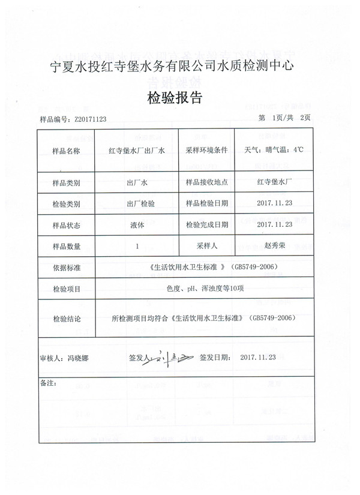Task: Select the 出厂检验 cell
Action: coord(141,203)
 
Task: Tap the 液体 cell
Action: coord(137,225)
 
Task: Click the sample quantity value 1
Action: coord(137,246)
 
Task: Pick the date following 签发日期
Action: coord(257,357)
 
